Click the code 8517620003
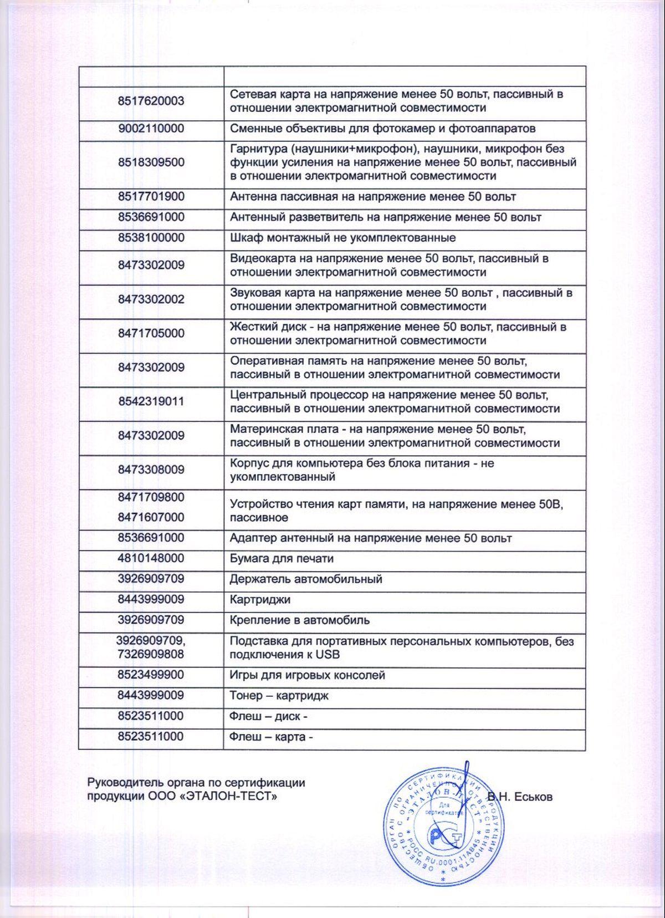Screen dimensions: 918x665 coord(151,101)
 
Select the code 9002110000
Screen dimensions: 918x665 coord(151,129)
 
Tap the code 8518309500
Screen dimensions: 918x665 coord(151,162)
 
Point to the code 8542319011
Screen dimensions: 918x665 coord(151,401)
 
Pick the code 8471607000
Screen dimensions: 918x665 coord(151,517)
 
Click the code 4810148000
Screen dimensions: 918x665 coord(151,558)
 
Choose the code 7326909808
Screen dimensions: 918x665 coord(151,654)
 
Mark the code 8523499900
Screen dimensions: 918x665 coord(151,675)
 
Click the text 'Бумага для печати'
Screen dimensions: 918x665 coord(282,558)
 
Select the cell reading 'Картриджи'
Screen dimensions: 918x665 coord(260,600)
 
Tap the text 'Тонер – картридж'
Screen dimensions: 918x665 coord(279,696)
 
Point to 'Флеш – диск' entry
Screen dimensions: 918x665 coord(268,716)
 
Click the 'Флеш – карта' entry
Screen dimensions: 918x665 coord(271,737)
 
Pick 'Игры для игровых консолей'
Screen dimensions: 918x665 coord(307,675)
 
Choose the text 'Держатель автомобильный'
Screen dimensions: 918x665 coord(306,579)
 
